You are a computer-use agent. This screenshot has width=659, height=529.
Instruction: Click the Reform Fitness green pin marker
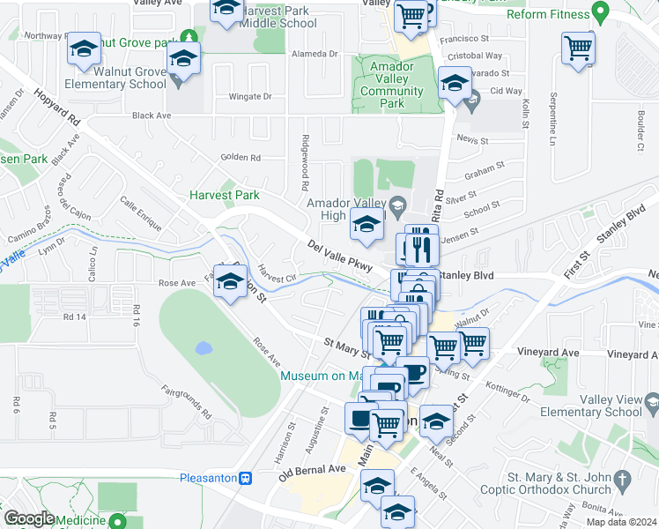pyautogui.click(x=602, y=13)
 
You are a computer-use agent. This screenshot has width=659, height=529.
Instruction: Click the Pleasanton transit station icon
pyautogui.click(x=246, y=478)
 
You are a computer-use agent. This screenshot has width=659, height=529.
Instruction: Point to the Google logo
pyautogui.click(x=29, y=518)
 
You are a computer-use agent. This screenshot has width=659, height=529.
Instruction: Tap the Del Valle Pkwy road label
pyautogui.click(x=341, y=255)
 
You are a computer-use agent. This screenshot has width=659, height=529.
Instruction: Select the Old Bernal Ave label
pyautogui.click(x=313, y=473)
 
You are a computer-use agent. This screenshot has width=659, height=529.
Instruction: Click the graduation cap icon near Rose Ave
pyautogui.click(x=231, y=282)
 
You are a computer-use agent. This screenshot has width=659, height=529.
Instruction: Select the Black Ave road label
pyautogui.click(x=152, y=115)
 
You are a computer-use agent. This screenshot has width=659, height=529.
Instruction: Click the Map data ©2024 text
pyautogui.click(x=621, y=522)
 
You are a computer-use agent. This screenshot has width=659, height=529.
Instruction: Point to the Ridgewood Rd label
pyautogui.click(x=305, y=163)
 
